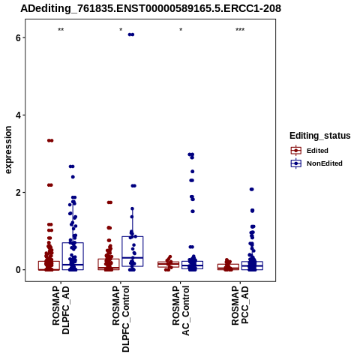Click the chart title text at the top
coord(151,8)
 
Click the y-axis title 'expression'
coord(8,150)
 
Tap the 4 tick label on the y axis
coord(18,115)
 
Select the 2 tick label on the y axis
coord(18,193)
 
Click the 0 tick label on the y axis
coord(18,270)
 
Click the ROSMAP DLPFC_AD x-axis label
coord(61,310)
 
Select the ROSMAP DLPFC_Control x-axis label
coord(121,319)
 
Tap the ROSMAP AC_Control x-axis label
coord(181,310)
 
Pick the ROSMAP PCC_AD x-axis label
coord(240,305)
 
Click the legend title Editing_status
coord(320,136)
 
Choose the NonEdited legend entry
coord(316,163)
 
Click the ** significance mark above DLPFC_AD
coord(61,30)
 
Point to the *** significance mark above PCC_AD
coord(240,30)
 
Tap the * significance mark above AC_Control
coord(181,29)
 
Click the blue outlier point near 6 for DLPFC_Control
coord(131,34)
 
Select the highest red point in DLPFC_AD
coord(50,140)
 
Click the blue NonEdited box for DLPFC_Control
coord(133,251)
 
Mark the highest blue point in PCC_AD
coord(252,189)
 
